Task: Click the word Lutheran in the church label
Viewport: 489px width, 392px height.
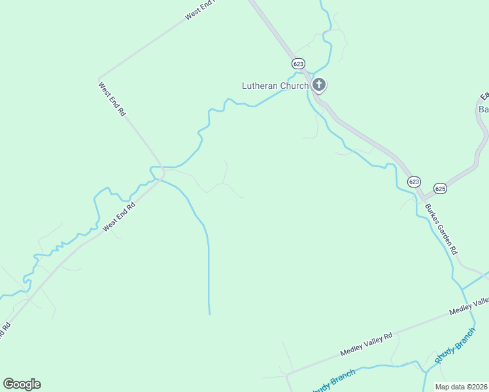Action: [261, 86]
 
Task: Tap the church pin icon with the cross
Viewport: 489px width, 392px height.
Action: [318, 84]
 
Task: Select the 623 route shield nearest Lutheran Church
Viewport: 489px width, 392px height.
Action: [298, 63]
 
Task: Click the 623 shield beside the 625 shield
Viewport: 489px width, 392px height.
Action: [414, 181]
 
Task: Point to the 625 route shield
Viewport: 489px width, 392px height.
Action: [440, 187]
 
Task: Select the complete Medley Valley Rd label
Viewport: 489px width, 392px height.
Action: [366, 344]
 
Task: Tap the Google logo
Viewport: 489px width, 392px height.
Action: [22, 384]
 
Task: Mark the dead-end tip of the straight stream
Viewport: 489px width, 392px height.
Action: [209, 314]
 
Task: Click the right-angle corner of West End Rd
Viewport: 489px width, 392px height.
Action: [99, 78]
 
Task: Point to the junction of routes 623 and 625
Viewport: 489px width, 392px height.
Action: [424, 196]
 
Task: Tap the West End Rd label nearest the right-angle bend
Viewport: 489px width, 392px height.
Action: [112, 98]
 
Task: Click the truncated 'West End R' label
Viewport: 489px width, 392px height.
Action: [199, 10]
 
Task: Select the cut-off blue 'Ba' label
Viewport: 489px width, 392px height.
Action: [483, 109]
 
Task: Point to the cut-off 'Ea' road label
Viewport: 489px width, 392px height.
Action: [484, 96]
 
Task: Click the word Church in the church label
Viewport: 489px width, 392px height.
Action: [294, 86]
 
